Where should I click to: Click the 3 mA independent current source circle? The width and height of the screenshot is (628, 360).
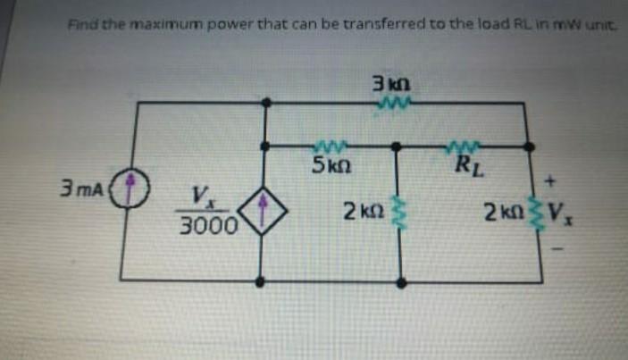[x=134, y=189]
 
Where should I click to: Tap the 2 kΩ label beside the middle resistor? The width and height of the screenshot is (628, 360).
[x=361, y=212]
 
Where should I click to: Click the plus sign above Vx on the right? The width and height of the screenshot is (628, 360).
[x=550, y=181]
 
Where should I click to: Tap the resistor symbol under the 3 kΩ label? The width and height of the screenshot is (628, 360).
[x=393, y=105]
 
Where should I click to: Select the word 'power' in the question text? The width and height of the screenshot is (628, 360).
[x=201, y=23]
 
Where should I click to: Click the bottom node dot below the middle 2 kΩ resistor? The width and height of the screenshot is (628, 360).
[x=400, y=280]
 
